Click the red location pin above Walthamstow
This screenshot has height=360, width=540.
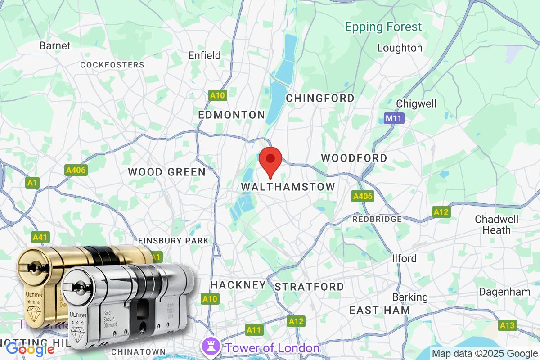point(270,161)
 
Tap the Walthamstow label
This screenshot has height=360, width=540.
point(288,186)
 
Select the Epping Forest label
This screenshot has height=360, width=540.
point(383,27)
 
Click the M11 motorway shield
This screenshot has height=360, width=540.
point(395,119)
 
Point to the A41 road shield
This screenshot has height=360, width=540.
point(39,237)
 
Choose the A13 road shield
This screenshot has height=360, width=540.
point(507,325)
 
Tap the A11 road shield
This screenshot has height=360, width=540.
point(254,330)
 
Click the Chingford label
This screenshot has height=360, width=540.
point(320,98)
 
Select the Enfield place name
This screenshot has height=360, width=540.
point(204,56)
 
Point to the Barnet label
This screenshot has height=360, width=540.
point(55,45)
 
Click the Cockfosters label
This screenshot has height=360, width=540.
point(112,65)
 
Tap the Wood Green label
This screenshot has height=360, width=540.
point(166,172)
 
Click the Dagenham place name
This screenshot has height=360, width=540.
point(504,292)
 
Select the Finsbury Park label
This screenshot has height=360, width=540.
point(173,241)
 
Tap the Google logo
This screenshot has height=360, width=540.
point(31,349)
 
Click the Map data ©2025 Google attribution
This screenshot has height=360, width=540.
point(485,353)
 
